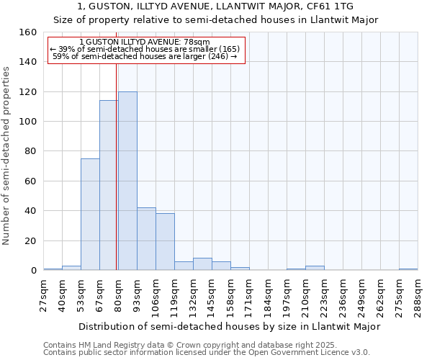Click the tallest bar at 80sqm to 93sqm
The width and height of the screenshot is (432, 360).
tap(127, 181)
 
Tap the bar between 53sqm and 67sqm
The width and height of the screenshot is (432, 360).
tap(90, 214)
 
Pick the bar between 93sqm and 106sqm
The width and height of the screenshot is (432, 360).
tap(146, 238)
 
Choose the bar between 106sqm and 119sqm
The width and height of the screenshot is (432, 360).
tap(165, 241)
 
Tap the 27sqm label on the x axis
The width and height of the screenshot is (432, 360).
tap(44, 295)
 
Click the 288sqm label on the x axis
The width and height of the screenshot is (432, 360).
tap(418, 295)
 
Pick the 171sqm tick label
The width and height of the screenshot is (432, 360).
tap(250, 295)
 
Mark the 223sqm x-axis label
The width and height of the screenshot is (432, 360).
tap(325, 295)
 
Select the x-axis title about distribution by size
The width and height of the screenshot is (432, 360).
tap(229, 326)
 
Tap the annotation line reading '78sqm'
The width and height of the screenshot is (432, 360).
tap(145, 42)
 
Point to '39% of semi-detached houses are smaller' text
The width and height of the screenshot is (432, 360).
tap(145, 49)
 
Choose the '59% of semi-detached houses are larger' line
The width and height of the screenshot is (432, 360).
tap(145, 56)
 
